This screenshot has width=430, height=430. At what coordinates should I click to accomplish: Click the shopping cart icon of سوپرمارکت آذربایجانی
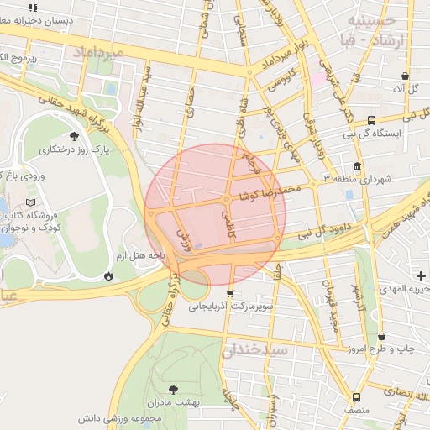[231, 294]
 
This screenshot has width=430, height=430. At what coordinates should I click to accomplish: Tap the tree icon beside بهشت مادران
[174, 389]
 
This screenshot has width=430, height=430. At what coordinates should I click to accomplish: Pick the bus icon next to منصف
[357, 397]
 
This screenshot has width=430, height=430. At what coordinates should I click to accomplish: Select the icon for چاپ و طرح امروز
[382, 336]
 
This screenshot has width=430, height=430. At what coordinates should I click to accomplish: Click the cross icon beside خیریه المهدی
[421, 275]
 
